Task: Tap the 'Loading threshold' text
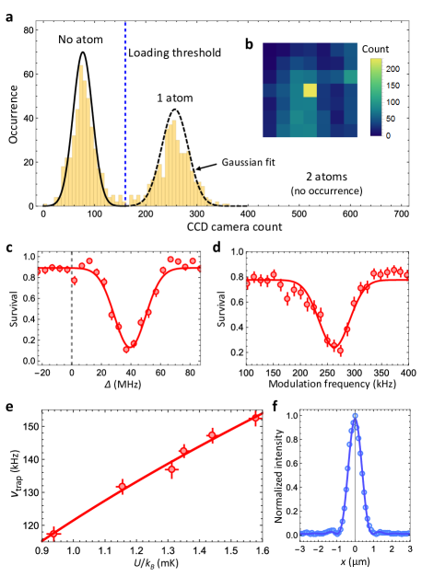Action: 175,52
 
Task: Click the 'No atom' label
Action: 79,40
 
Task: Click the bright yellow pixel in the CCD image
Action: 310,90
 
